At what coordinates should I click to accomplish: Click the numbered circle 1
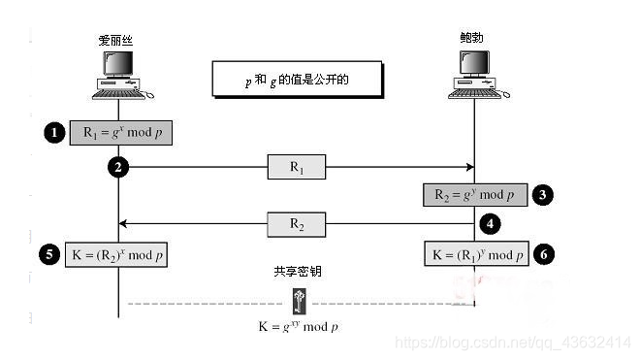point(53,131)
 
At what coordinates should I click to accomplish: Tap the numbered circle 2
point(118,168)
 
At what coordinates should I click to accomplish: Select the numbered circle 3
point(544,194)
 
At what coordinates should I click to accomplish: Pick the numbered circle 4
point(491,224)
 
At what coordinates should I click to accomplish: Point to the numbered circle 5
point(51,255)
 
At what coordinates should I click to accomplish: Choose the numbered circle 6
point(544,254)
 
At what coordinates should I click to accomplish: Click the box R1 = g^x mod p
point(119,132)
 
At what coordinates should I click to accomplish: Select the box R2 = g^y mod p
point(475,194)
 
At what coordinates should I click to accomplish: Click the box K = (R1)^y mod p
point(476,254)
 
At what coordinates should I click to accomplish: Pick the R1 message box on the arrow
point(297,167)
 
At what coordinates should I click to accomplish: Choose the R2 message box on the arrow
point(297,225)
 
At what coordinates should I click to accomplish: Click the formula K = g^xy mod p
point(298,327)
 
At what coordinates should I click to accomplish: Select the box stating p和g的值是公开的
point(296,80)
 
